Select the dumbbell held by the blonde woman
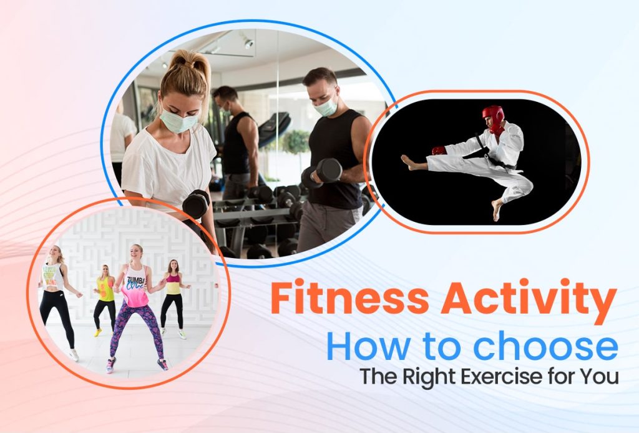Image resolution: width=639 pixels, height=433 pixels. point(196,204)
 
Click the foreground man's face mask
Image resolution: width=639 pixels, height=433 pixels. point(326,107)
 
